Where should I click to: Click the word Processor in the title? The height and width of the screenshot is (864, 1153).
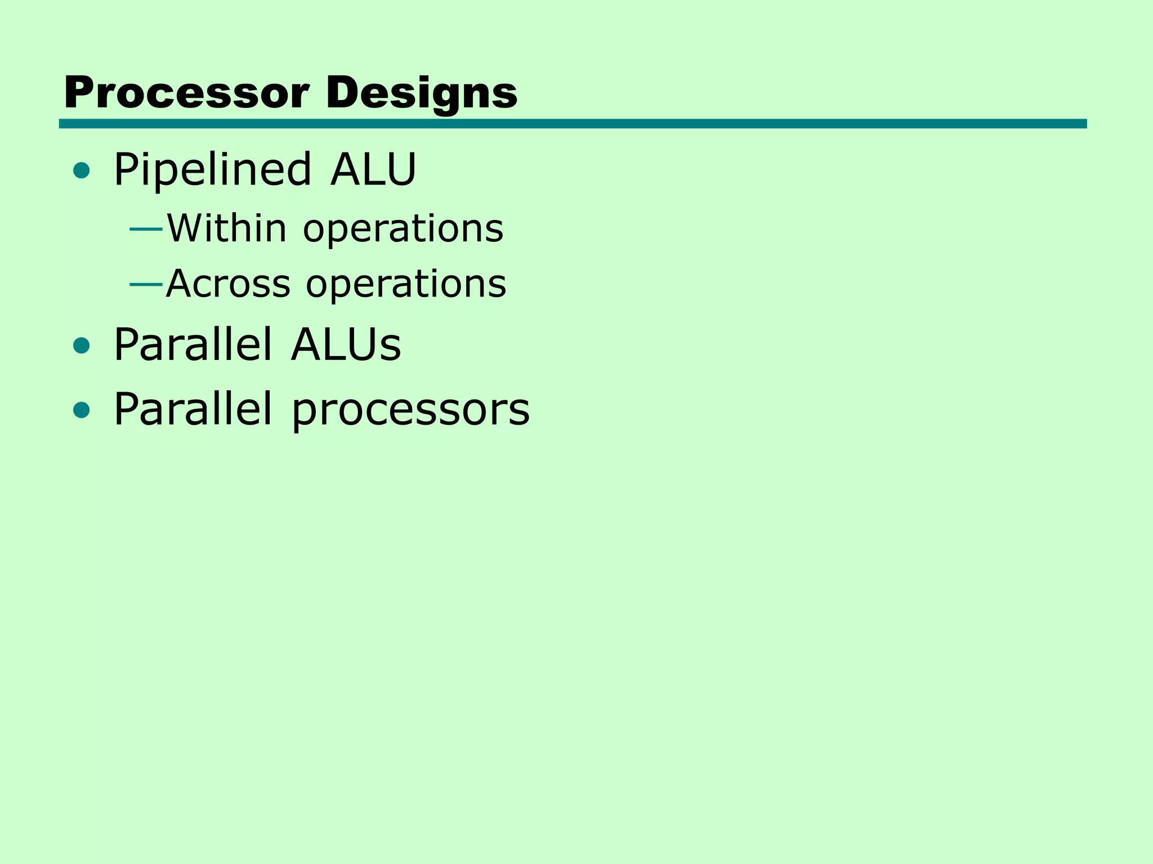tap(186, 93)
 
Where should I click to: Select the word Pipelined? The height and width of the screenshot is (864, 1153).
tap(212, 170)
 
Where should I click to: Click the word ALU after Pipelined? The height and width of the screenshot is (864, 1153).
tap(373, 169)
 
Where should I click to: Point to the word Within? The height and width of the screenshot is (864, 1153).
tap(227, 228)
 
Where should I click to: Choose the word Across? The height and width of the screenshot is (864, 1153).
tap(229, 283)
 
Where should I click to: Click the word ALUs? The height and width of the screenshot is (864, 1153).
tap(346, 345)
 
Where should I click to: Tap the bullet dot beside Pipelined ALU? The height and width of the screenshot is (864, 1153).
tap(82, 170)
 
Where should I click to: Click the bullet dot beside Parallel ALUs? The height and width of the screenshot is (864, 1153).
tap(82, 346)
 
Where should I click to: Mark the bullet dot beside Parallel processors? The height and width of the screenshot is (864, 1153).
tap(82, 410)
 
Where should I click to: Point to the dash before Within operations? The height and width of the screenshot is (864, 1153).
tap(146, 229)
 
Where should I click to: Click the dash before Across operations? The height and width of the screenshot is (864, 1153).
tap(146, 285)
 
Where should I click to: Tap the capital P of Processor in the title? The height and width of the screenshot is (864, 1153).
tap(78, 93)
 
